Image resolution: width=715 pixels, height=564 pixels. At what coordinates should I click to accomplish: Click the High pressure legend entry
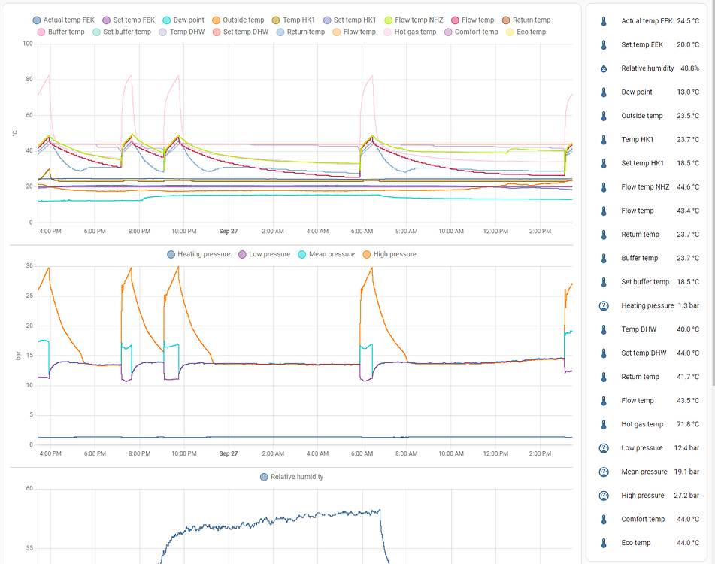coord(389,255)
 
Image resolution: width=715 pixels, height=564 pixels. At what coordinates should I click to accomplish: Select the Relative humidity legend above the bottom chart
coord(297,477)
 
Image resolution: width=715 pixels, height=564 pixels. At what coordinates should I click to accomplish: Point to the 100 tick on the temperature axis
coord(27,44)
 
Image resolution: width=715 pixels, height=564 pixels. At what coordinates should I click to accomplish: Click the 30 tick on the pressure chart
coord(29,266)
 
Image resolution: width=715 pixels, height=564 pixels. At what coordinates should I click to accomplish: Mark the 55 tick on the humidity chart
coord(29,548)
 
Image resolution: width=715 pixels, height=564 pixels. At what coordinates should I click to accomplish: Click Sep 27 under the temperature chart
coord(229,231)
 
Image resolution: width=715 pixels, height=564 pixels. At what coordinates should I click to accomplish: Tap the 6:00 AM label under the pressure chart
coord(362,453)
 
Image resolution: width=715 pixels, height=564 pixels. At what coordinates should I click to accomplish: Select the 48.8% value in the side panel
coord(689,68)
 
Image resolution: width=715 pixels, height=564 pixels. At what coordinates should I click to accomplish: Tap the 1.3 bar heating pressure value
coord(688,306)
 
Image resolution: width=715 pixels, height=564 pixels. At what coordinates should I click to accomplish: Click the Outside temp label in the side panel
coord(641,116)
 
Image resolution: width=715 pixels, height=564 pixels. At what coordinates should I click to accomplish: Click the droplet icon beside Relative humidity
coord(603,68)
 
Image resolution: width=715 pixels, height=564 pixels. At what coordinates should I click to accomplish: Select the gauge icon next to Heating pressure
coord(603,306)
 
